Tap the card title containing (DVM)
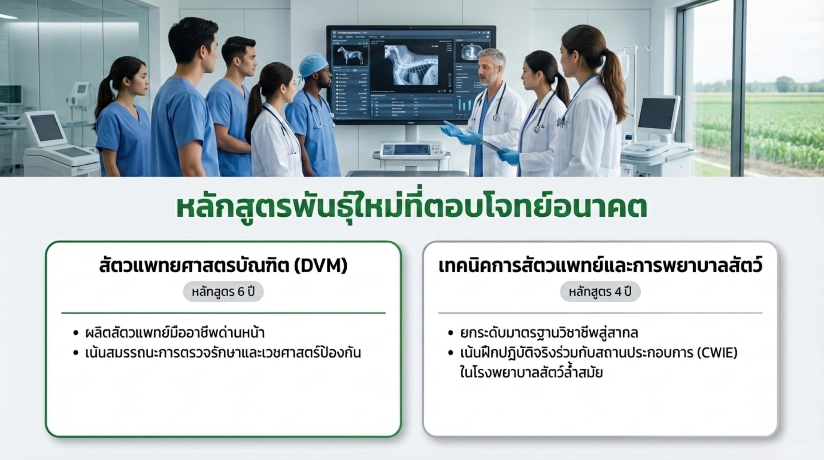click(223, 266)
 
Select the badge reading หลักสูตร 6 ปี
click(223, 292)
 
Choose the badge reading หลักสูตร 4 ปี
click(600, 292)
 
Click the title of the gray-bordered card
click(600, 266)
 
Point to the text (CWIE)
click(717, 353)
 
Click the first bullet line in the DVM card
click(175, 332)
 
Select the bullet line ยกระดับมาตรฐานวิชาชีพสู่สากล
click(549, 333)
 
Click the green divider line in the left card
click(223, 313)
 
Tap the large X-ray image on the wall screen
click(411, 65)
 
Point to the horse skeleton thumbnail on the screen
click(350, 55)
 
